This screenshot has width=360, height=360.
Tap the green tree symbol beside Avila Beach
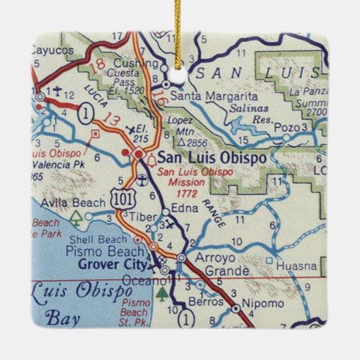coord(74,217)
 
